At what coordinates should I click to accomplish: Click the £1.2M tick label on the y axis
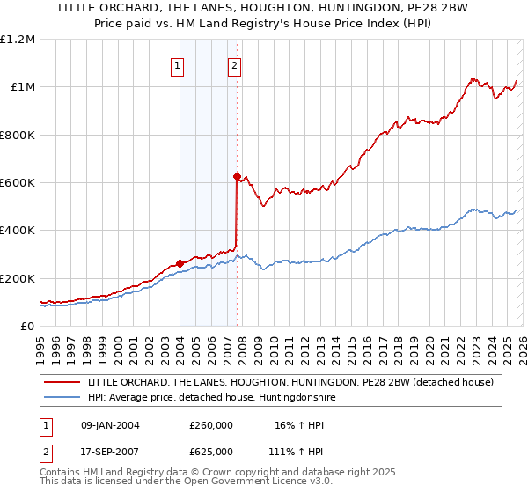[18, 40]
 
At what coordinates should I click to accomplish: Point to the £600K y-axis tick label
[18, 183]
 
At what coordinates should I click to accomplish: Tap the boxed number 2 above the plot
[235, 64]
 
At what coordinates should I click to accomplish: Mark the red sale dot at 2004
[180, 263]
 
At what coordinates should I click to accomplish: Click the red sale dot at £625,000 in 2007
[237, 177]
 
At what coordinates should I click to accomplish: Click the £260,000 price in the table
[211, 425]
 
